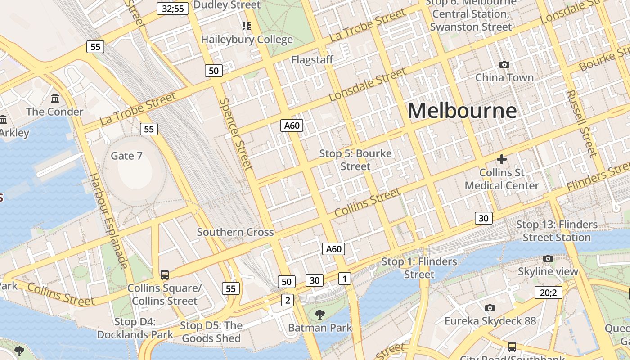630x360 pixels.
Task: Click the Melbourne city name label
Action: (462, 111)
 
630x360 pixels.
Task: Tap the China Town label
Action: (504, 77)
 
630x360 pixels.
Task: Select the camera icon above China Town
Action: (504, 65)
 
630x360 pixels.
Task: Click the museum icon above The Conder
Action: (55, 98)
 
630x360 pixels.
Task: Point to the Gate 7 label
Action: (126, 156)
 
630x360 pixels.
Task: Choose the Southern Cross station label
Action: (235, 232)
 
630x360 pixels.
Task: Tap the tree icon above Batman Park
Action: (320, 314)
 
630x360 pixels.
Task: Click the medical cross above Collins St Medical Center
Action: (502, 159)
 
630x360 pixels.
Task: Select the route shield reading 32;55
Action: (173, 8)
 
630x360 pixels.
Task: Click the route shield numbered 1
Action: (344, 279)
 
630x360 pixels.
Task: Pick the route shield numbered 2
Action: (288, 300)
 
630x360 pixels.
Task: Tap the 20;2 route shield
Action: (549, 292)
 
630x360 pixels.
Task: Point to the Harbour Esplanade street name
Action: (109, 220)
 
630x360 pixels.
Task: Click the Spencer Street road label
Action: (235, 134)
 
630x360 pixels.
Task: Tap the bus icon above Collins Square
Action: (165, 275)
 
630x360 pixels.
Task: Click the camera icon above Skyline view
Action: (548, 258)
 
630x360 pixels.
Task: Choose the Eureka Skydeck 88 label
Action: (490, 321)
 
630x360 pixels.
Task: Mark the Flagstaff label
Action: (312, 60)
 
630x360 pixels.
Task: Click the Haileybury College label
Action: (247, 40)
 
